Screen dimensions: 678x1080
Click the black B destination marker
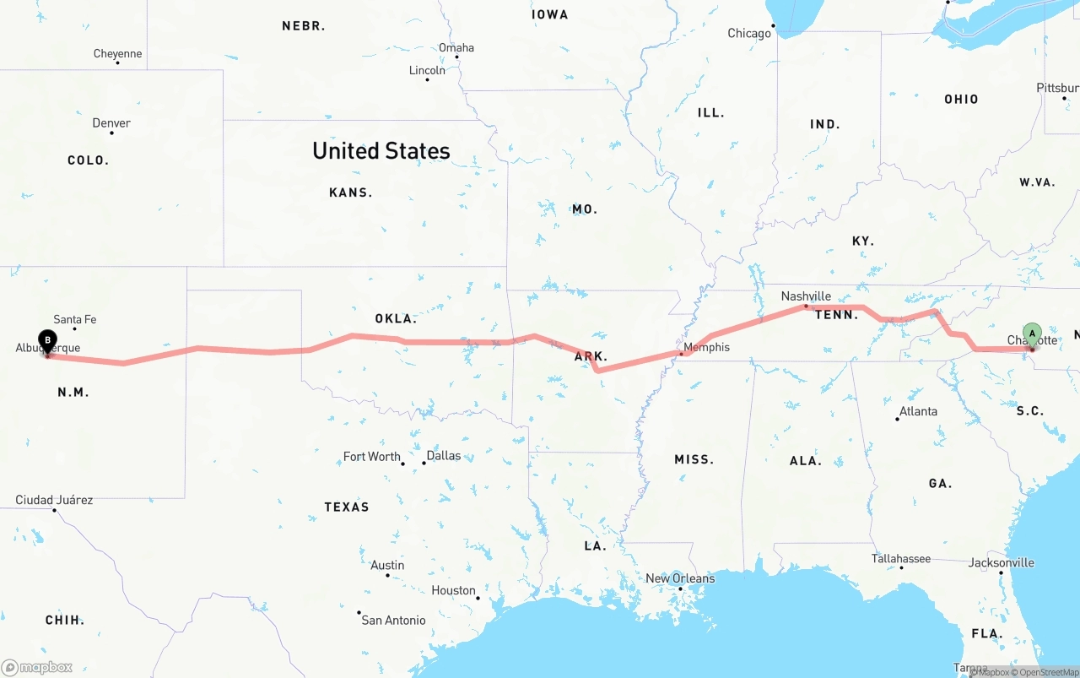pyautogui.click(x=48, y=341)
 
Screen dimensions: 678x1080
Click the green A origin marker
pyautogui.click(x=1032, y=334)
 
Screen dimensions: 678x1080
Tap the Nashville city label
pyautogui.click(x=806, y=296)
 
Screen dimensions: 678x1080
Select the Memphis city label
pyautogui.click(x=706, y=347)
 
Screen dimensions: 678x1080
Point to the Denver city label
pyautogui.click(x=111, y=123)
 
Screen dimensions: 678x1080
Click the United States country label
pyautogui.click(x=381, y=151)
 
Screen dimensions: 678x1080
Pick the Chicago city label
pyautogui.click(x=749, y=34)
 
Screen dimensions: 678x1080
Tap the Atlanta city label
pyautogui.click(x=918, y=411)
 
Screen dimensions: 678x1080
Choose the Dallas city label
pyautogui.click(x=444, y=456)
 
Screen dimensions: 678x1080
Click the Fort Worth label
pyautogui.click(x=371, y=457)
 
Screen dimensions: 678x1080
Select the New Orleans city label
pyautogui.click(x=680, y=578)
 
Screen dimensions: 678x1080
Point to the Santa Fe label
pyautogui.click(x=75, y=319)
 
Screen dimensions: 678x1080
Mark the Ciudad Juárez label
pyautogui.click(x=54, y=500)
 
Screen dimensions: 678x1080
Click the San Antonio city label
pyautogui.click(x=393, y=620)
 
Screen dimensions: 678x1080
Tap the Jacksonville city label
pyautogui.click(x=1002, y=562)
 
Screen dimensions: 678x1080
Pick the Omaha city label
pyautogui.click(x=456, y=47)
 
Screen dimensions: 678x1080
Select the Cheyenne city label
pyautogui.click(x=117, y=54)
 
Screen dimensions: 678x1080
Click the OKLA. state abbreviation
pyautogui.click(x=396, y=319)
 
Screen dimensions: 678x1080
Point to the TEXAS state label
pyautogui.click(x=347, y=507)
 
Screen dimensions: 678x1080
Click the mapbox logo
pyautogui.click(x=37, y=667)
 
